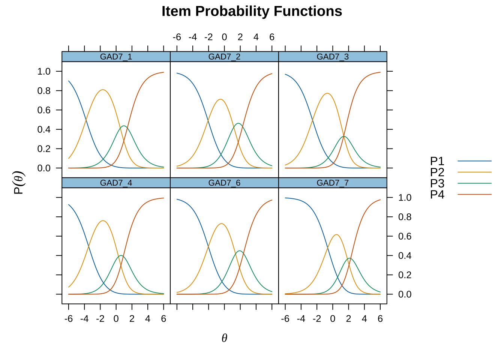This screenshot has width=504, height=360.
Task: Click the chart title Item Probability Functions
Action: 252,11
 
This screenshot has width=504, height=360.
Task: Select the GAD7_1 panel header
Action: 116,57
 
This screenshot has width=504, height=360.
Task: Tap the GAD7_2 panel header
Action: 224,57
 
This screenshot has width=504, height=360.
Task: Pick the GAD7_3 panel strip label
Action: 333,57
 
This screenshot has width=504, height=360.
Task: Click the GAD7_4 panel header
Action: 116,183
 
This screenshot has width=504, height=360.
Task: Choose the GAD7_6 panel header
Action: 224,183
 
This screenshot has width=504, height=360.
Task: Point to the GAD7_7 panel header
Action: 333,183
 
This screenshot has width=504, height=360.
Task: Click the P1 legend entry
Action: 460,161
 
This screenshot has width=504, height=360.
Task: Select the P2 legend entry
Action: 460,172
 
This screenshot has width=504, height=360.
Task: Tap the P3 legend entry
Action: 460,183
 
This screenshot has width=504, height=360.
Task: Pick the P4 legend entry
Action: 460,194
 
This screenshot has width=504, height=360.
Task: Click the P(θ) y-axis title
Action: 19,183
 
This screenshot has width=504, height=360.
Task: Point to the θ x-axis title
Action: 224,338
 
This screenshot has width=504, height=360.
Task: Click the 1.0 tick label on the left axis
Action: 44,72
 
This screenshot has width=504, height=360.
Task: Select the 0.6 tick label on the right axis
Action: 405,236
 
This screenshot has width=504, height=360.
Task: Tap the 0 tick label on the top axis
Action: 224,37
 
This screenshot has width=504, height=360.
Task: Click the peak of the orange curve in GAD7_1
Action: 103,90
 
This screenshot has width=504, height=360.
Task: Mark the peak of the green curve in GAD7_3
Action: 344,136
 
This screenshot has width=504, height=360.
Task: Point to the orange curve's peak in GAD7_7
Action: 336,235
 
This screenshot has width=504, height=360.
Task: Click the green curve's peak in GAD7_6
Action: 240,251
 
